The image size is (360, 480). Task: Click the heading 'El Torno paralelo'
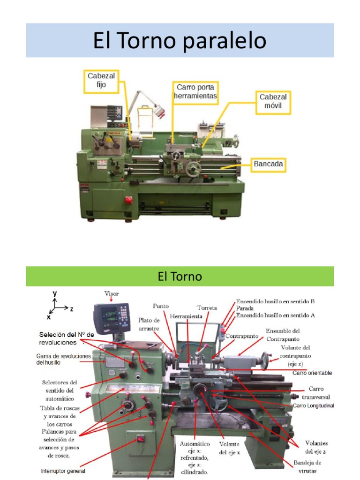(180, 41)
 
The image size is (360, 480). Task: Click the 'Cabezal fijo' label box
(101, 80)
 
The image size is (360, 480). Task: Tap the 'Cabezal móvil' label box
(273, 101)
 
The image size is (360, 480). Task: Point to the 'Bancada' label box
(268, 165)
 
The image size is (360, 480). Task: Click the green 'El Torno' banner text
(180, 277)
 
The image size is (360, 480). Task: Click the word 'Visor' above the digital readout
(111, 294)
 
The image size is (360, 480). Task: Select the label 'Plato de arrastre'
(149, 324)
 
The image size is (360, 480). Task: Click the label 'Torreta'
(207, 308)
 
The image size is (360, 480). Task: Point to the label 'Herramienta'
(186, 316)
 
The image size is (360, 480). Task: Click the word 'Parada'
(245, 309)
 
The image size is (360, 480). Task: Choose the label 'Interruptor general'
(63, 471)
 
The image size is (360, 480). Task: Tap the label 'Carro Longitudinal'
(313, 405)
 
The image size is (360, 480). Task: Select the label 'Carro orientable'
(312, 373)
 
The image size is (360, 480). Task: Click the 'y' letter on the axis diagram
(55, 293)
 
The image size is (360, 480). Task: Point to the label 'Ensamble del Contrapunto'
(282, 335)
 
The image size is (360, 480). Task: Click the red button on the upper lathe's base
(128, 200)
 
